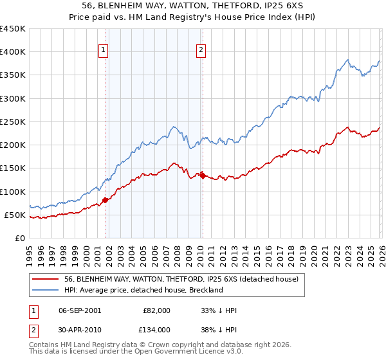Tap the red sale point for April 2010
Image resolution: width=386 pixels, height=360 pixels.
tap(203, 175)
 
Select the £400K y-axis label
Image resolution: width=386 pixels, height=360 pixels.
tap(13, 52)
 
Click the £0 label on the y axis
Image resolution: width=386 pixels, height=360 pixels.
tap(20, 238)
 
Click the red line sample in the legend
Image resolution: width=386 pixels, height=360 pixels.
tap(46, 280)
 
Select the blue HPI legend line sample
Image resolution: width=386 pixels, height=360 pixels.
tap(46, 291)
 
